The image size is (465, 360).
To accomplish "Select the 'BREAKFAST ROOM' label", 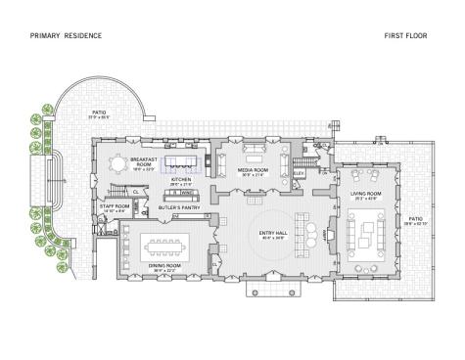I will click(143, 162).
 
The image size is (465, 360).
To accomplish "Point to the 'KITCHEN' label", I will click(181, 181).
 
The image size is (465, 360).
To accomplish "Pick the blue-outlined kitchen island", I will click(181, 161).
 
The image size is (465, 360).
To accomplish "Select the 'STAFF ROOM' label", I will click(115, 207).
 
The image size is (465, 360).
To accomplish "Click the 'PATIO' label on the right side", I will click(415, 220).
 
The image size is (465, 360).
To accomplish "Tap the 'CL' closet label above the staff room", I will click(135, 191).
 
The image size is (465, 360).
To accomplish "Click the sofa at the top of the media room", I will click(255, 147).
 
